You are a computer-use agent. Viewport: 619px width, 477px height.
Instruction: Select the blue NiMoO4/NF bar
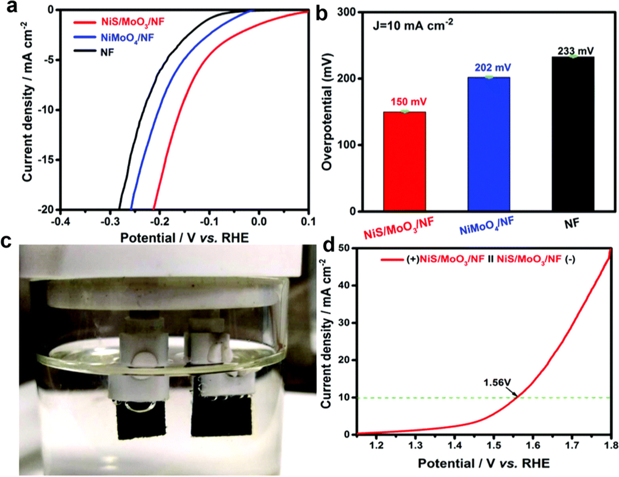point(489,144)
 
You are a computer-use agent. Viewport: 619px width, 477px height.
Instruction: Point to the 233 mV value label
point(576,51)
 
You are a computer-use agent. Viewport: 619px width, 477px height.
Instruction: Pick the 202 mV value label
point(493,68)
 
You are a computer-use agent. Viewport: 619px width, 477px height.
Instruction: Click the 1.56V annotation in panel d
point(497,382)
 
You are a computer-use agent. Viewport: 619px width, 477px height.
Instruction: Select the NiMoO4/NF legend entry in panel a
point(127,38)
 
